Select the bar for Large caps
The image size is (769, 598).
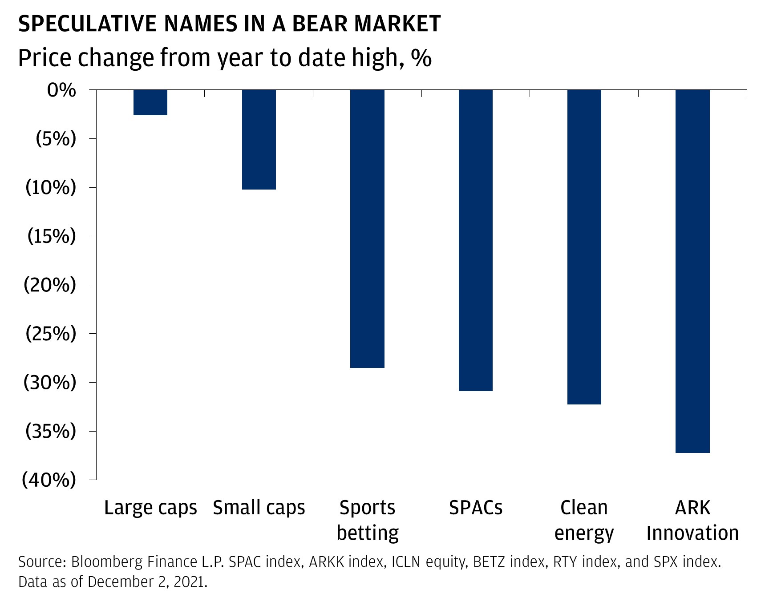(x=150, y=102)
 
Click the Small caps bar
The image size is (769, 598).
(x=259, y=139)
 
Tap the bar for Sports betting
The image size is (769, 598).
(x=367, y=229)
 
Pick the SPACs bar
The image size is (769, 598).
(x=475, y=240)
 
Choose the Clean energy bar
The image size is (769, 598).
(x=584, y=247)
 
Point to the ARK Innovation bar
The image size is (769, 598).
(x=692, y=271)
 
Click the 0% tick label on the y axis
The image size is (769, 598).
(x=61, y=90)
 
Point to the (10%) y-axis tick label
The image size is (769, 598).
(x=51, y=188)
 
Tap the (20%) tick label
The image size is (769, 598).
(x=50, y=285)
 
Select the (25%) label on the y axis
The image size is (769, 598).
(x=51, y=334)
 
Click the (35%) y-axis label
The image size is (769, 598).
(x=51, y=431)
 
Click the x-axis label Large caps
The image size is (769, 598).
(x=150, y=508)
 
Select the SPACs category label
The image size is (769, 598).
(x=475, y=508)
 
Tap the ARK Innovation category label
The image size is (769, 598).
(x=692, y=520)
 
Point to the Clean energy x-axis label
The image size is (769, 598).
(x=584, y=520)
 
